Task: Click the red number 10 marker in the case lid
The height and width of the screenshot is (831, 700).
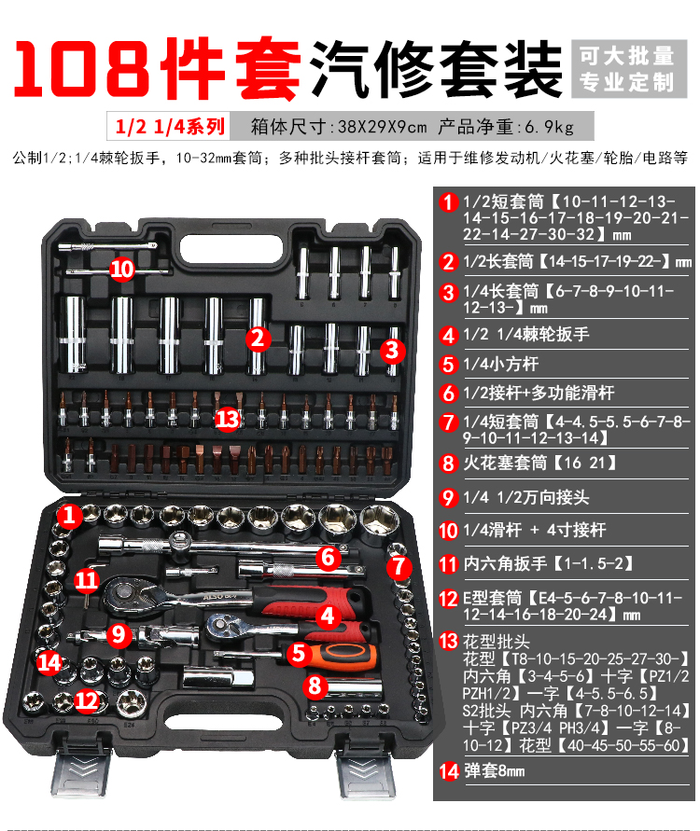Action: [122, 270]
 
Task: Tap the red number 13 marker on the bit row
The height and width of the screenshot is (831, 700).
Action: [228, 419]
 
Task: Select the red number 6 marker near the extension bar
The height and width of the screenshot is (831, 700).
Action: [329, 558]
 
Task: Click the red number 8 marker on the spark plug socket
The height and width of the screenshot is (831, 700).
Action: [315, 686]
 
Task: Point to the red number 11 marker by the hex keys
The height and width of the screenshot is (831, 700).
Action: [87, 580]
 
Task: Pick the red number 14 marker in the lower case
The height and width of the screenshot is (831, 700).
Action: [49, 663]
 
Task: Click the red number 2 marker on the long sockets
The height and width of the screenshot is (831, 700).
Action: [259, 339]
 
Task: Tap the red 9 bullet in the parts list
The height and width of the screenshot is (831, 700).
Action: [448, 498]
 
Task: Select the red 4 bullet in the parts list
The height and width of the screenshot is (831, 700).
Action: [448, 335]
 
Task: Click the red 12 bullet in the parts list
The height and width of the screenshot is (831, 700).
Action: [448, 599]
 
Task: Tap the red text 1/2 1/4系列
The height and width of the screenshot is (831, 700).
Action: [170, 127]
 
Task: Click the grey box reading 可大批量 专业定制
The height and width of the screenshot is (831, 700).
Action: [629, 69]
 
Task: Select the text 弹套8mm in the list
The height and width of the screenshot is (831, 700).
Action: [495, 770]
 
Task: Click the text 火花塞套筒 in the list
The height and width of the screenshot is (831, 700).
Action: [505, 463]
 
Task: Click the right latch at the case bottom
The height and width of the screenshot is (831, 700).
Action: [365, 769]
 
